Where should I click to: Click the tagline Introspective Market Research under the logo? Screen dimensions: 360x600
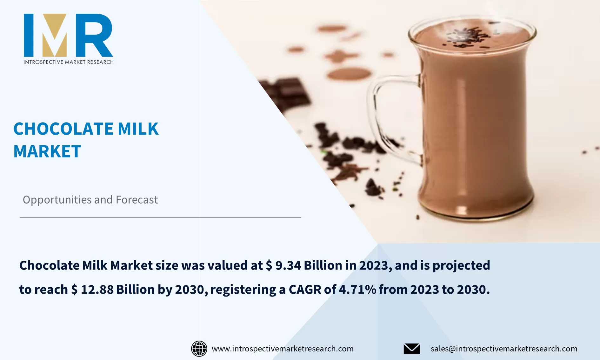click(68, 62)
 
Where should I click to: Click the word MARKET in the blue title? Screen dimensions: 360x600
click(47, 151)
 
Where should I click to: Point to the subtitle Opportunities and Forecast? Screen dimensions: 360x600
click(90, 200)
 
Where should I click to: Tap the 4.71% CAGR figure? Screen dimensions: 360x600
click(357, 290)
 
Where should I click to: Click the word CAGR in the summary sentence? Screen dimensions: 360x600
click(305, 290)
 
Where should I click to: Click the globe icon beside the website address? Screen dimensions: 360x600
click(199, 349)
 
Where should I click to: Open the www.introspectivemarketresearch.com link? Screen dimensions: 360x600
click(283, 349)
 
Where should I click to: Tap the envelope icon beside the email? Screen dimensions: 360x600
click(412, 349)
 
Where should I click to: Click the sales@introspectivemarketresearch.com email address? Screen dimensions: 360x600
click(504, 349)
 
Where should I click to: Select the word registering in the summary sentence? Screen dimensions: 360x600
click(243, 290)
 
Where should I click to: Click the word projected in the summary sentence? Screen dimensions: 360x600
click(461, 265)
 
